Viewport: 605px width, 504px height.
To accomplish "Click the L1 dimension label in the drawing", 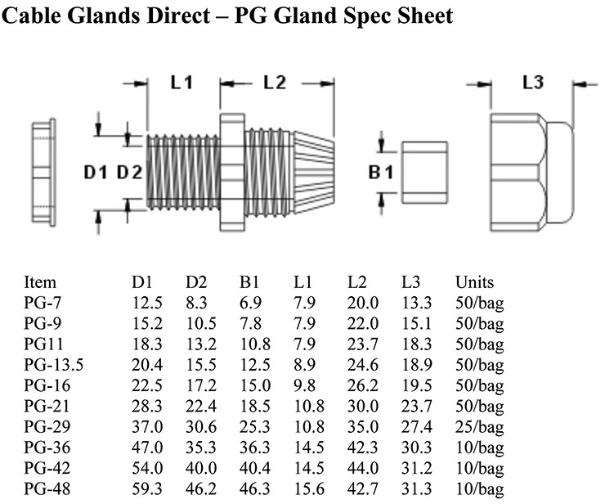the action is pyautogui.click(x=181, y=83).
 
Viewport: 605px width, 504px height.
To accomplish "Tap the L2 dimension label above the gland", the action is pyautogui.click(x=275, y=83).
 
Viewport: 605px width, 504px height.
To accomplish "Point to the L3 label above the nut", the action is pyautogui.click(x=533, y=82).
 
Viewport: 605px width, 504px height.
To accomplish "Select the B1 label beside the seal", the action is pyautogui.click(x=381, y=173).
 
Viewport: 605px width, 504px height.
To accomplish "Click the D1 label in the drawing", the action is pyautogui.click(x=96, y=173).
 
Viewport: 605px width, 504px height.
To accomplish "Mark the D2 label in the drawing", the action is pyautogui.click(x=130, y=173).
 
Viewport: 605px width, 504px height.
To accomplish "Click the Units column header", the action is pyautogui.click(x=474, y=282).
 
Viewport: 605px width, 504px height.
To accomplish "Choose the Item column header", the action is pyautogui.click(x=40, y=282).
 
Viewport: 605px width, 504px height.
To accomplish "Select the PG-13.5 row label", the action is pyautogui.click(x=54, y=365).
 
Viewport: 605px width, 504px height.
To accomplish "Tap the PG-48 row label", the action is pyautogui.click(x=47, y=488).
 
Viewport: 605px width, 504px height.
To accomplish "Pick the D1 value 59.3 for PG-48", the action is pyautogui.click(x=147, y=488).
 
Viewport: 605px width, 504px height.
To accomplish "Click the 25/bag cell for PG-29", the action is pyautogui.click(x=480, y=427).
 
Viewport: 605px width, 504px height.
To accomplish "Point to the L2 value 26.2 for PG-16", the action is pyautogui.click(x=363, y=385).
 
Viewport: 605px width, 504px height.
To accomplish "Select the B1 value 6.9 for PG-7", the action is pyautogui.click(x=251, y=303).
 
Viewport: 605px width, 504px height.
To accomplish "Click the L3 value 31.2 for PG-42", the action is pyautogui.click(x=416, y=468).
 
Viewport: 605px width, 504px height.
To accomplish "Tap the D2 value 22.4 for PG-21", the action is pyautogui.click(x=201, y=406).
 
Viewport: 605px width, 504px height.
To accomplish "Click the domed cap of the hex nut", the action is pyautogui.click(x=560, y=173).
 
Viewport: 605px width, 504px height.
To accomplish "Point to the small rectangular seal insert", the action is pyautogui.click(x=424, y=173).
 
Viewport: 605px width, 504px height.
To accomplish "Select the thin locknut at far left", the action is pyautogui.click(x=43, y=173).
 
